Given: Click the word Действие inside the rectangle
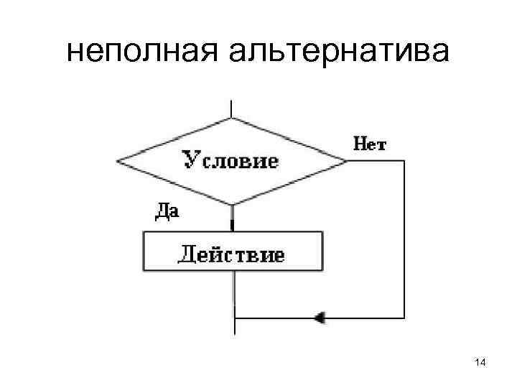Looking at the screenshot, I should pos(231,255).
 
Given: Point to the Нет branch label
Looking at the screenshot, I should pos(370,144).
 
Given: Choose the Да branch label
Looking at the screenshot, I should pos(167,211).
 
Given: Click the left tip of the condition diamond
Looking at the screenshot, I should pos(116,161).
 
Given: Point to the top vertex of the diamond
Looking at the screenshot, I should pos(231,118).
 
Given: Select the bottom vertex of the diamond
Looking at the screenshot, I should pos(231,205).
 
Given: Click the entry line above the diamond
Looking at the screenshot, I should pos(231,108).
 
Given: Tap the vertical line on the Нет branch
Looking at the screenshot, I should pos(404,237).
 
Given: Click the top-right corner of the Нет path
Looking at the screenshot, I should pos(404,161).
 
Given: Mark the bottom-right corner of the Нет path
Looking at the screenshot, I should pos(404,317).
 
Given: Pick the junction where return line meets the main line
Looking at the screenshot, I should pos(234,317).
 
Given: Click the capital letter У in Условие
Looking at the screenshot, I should pos(190,159).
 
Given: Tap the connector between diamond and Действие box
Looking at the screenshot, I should pos(232,218).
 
